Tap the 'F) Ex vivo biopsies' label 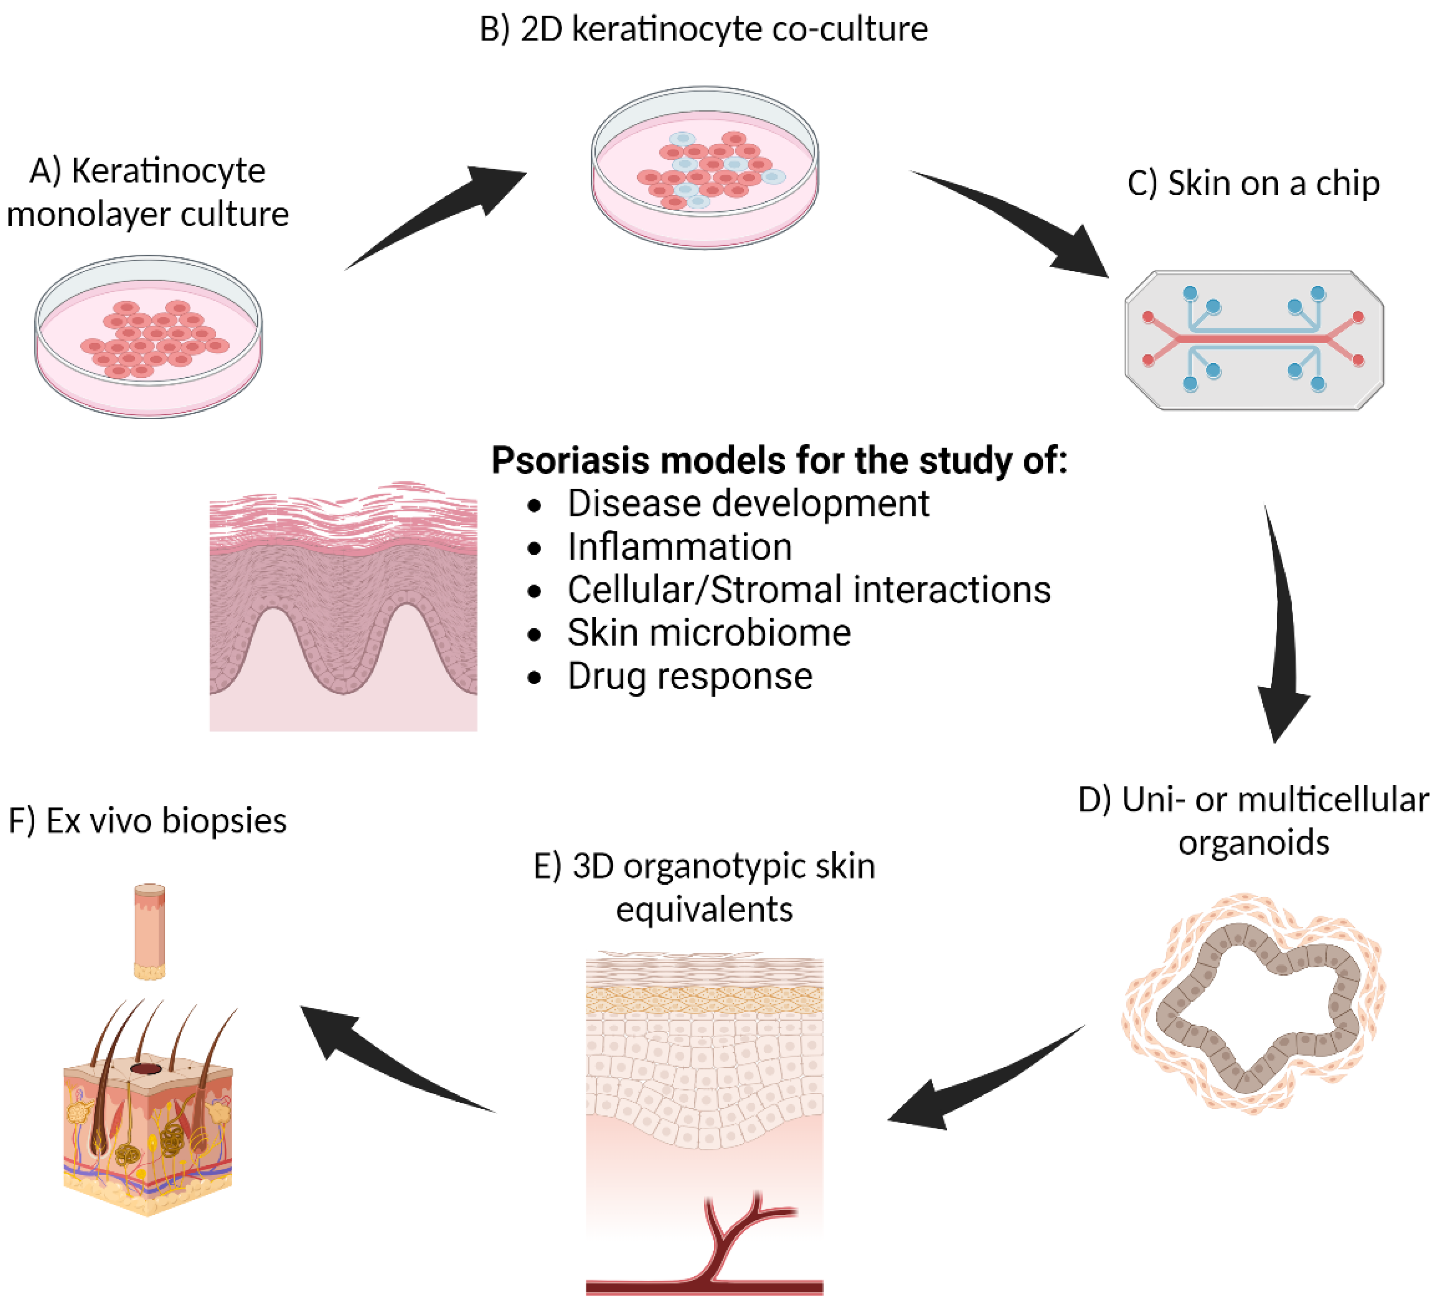coord(147,820)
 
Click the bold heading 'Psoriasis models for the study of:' coord(779,460)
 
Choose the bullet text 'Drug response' coord(689,676)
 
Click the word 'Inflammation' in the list coord(679,547)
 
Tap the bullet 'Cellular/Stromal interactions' coord(809,590)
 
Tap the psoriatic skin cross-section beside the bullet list coord(343,607)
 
